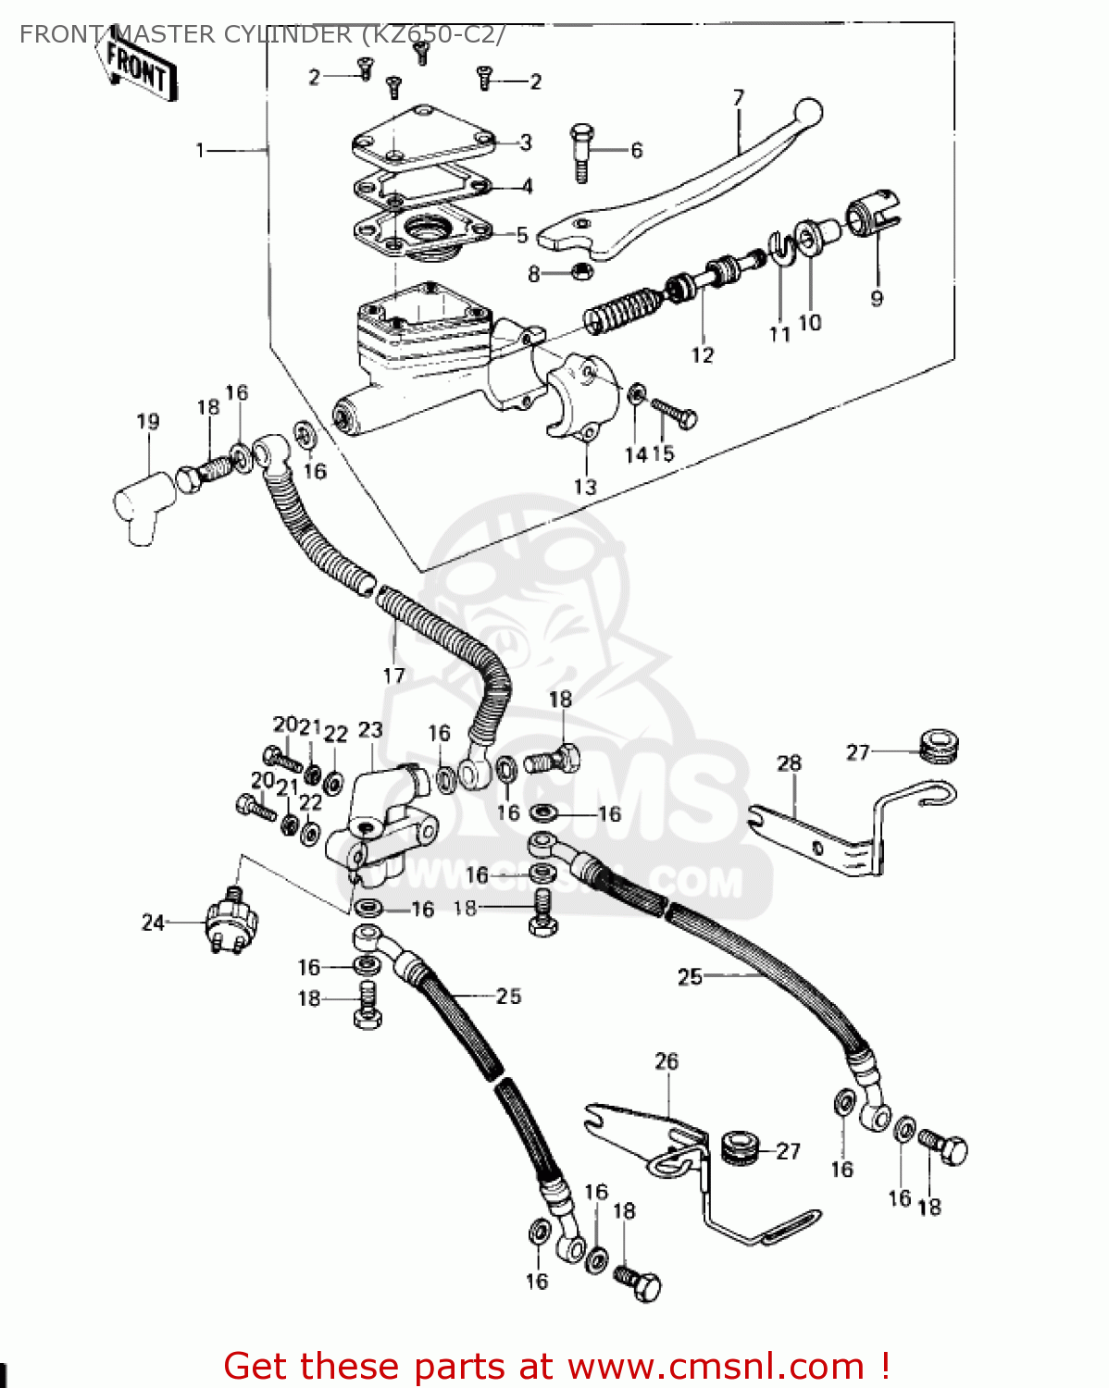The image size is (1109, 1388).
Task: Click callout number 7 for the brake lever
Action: [x=738, y=98]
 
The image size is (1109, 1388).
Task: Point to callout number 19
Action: [x=148, y=422]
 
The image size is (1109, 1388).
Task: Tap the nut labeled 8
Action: [x=580, y=271]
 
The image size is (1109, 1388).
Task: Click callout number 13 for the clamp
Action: [x=585, y=487]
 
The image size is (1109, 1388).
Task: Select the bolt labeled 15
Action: [x=674, y=413]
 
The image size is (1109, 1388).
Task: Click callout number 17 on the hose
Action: [x=393, y=675]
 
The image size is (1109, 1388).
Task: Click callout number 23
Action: [x=370, y=730]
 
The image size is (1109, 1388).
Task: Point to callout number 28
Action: [x=789, y=763]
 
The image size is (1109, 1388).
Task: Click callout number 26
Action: [x=667, y=1061]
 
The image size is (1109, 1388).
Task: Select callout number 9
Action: [x=877, y=298]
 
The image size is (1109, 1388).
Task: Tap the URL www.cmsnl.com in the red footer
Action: [x=716, y=1366]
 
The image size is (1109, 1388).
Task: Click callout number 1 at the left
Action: [x=200, y=149]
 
